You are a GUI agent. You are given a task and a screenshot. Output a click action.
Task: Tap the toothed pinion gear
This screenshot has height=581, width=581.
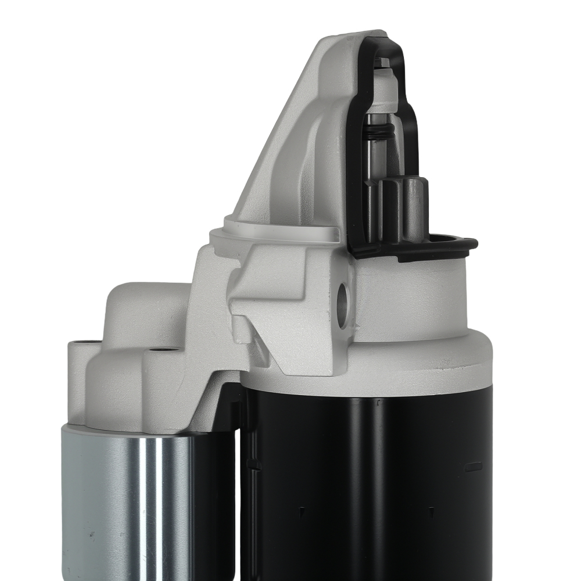[x=403, y=209]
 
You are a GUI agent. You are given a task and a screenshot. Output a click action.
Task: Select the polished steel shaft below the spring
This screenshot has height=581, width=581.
[x=374, y=168]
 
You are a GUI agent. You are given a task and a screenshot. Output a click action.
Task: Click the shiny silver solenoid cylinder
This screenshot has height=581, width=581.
[x=134, y=500]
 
